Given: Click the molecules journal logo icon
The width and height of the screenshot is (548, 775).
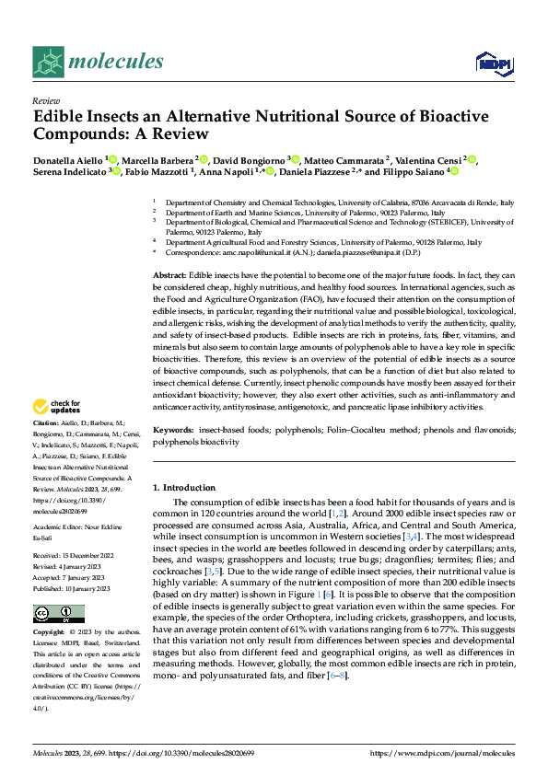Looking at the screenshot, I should point(51,62).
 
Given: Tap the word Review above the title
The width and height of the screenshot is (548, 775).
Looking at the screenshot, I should point(46,101).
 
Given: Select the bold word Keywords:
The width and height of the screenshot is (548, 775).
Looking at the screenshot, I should point(173,431).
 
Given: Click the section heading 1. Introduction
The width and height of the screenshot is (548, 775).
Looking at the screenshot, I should point(183,487).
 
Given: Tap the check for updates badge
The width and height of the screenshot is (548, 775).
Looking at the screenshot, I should point(59,406).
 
